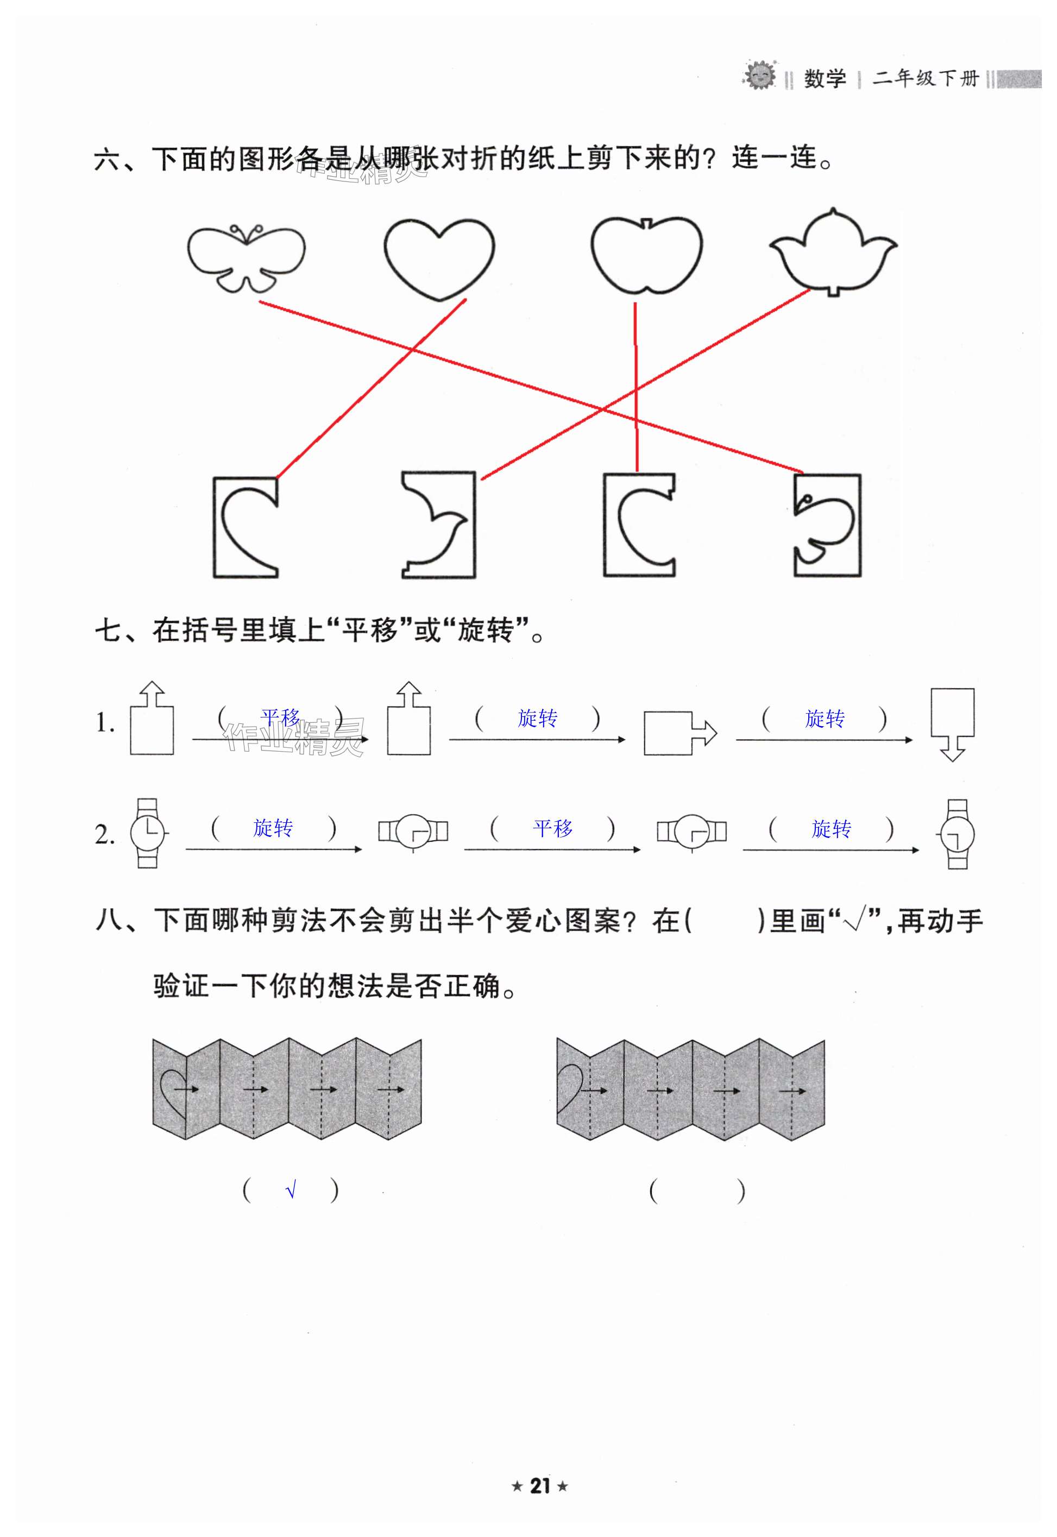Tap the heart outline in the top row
click(439, 259)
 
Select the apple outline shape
click(646, 254)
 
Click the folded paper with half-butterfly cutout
click(827, 525)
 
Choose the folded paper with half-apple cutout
click(639, 525)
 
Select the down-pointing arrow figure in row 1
click(952, 724)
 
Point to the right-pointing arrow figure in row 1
click(679, 733)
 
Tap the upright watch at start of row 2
click(147, 833)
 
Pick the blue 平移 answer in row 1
click(280, 717)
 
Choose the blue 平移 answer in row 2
click(553, 828)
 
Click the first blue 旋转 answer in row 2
click(273, 828)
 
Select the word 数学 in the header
click(825, 79)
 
